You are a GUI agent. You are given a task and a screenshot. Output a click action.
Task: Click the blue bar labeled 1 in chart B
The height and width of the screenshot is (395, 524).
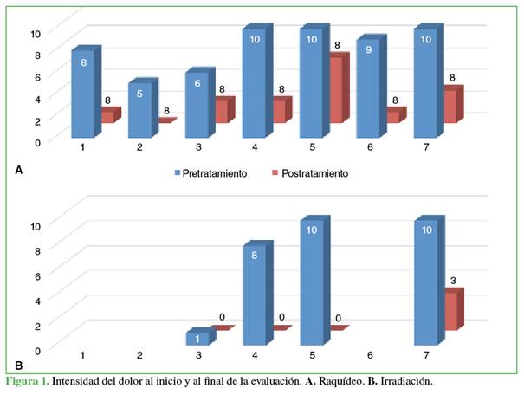(197, 339)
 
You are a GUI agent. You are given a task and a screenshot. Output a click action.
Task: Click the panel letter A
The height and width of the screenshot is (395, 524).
(19, 171)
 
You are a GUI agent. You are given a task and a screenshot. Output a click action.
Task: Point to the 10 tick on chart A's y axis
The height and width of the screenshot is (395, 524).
(36, 33)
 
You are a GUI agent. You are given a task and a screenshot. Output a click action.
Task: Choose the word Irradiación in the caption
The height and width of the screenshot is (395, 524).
(405, 381)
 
